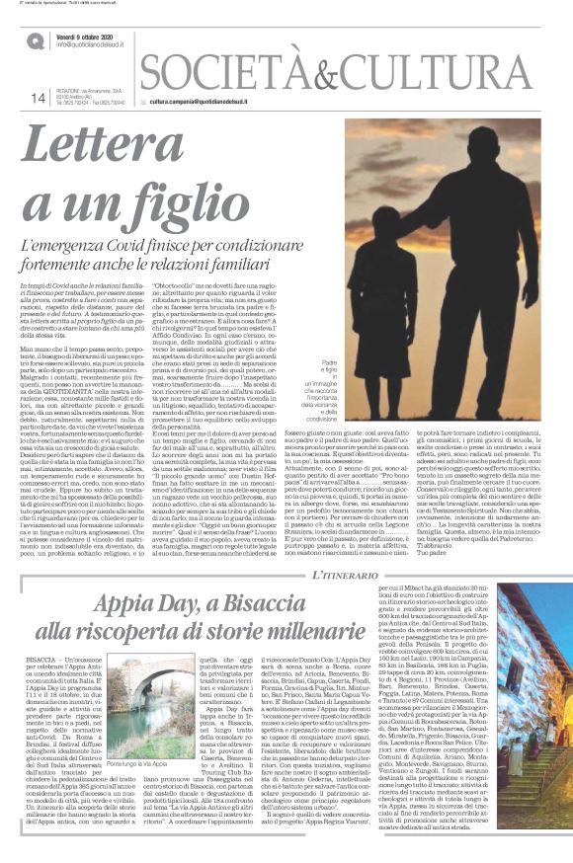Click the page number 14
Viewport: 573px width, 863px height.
pyautogui.click(x=39, y=97)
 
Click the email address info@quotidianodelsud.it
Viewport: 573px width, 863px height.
pyautogui.click(x=97, y=45)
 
